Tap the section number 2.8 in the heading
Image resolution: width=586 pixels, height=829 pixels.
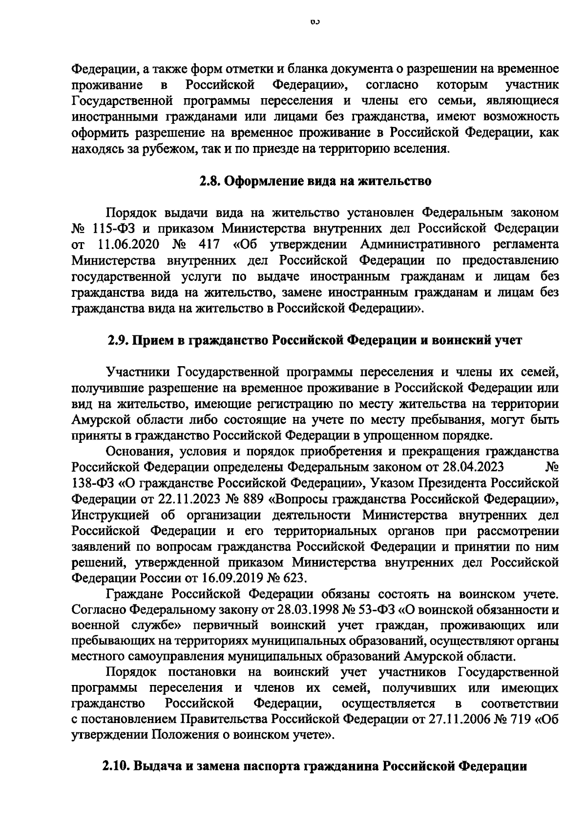(x=210, y=182)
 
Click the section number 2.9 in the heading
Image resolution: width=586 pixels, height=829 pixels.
(x=118, y=340)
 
